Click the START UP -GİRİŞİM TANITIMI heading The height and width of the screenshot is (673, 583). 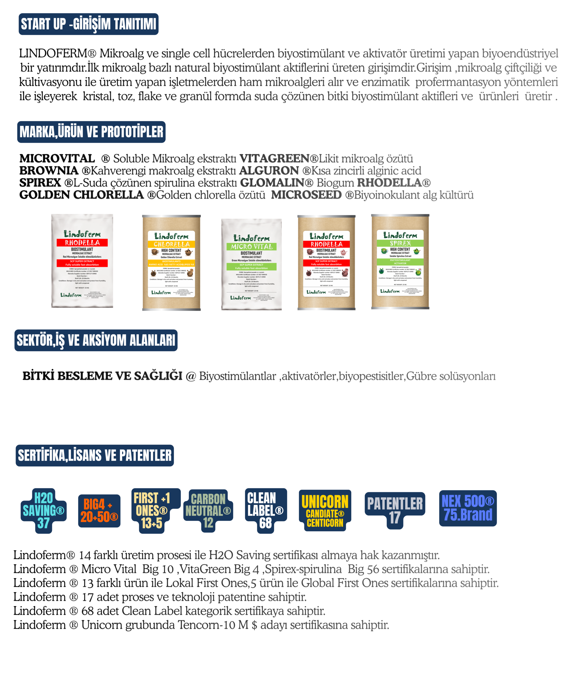[x=89, y=24]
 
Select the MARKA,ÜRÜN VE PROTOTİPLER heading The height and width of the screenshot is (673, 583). [x=92, y=132]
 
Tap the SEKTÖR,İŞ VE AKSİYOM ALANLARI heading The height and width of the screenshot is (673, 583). [x=96, y=340]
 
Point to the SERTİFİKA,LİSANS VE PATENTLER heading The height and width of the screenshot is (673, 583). [x=95, y=455]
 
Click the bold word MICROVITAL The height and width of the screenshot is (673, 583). [x=57, y=159]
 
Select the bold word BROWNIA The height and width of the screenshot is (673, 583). [x=49, y=171]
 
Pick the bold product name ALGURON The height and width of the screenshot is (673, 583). [x=269, y=171]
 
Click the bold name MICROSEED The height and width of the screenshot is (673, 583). [x=306, y=195]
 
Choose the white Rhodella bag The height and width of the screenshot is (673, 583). [x=82, y=261]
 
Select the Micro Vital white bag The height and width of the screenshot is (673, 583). [x=251, y=264]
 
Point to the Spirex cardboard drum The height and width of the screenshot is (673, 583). [x=400, y=262]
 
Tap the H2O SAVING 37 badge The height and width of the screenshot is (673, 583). [x=44, y=511]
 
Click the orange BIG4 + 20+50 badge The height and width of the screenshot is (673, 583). [x=99, y=511]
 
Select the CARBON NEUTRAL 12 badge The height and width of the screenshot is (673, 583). [x=208, y=511]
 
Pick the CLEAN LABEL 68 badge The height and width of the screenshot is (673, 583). [x=266, y=511]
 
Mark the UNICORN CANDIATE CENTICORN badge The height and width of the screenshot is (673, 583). [x=325, y=511]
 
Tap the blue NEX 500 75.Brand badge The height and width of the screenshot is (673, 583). [x=468, y=508]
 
